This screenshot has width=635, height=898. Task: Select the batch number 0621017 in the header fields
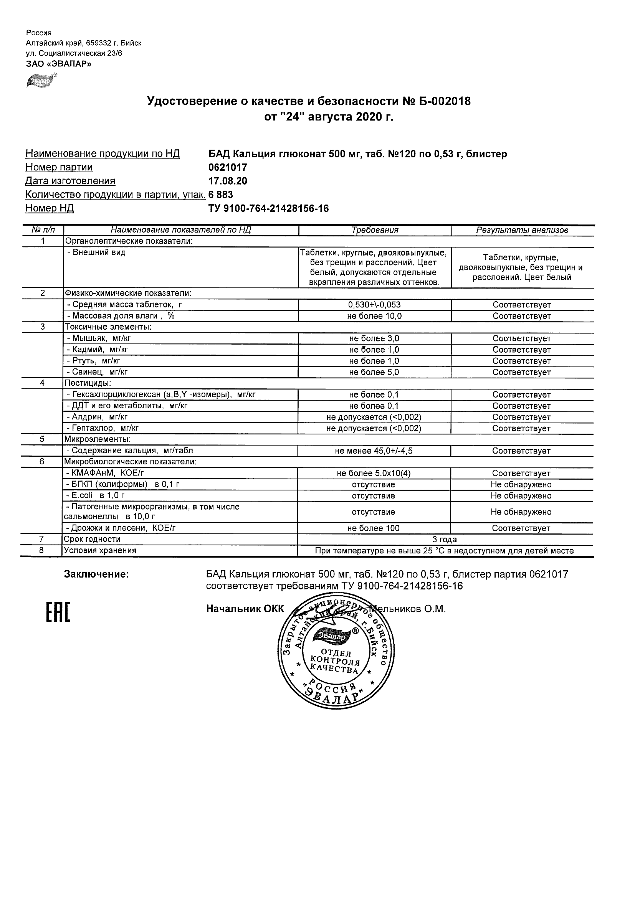[228, 167]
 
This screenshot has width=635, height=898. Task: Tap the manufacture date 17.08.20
[228, 181]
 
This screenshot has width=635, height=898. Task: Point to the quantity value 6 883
[221, 195]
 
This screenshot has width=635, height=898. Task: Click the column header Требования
[375, 230]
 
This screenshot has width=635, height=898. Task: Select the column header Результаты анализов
[522, 230]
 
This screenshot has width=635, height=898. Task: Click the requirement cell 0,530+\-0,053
[374, 305]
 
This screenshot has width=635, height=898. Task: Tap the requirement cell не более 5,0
[374, 372]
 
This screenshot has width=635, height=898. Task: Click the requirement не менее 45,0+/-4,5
[374, 451]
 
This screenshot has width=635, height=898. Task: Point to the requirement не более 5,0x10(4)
[374, 473]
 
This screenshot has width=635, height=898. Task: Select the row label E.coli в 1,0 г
[96, 496]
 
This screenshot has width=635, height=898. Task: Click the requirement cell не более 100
[374, 528]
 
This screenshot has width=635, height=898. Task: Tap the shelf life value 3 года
[445, 539]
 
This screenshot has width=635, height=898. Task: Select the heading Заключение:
[96, 574]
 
